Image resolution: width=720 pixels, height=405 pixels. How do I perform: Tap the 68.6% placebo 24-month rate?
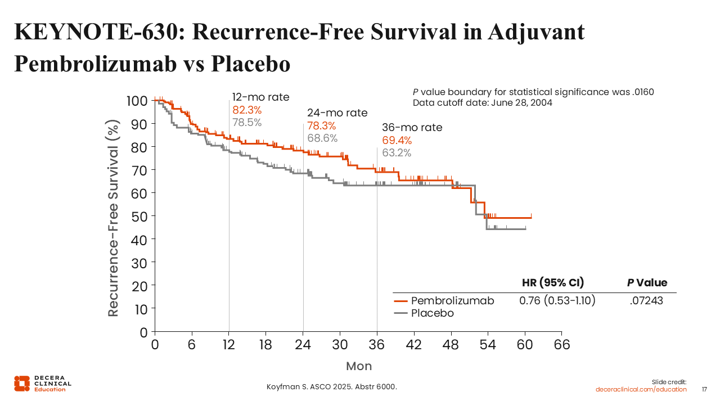pos(322,138)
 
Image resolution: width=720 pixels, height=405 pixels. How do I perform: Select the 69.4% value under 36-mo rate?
pos(397,140)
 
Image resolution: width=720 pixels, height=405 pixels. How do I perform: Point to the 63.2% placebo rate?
pos(397,152)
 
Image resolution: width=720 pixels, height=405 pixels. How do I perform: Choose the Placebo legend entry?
pos(432,313)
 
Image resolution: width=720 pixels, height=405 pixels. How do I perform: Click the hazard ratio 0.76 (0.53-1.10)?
pos(557,300)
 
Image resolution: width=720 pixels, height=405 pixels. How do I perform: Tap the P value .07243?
pos(646,300)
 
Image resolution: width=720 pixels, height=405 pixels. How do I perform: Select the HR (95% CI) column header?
pos(553,283)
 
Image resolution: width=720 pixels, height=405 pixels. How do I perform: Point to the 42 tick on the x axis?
pos(414,345)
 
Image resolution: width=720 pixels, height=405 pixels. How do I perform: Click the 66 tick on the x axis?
pos(562,345)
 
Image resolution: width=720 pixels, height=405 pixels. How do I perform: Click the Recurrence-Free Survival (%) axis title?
pos(114,218)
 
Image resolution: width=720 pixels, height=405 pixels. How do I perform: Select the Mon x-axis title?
pos(359,366)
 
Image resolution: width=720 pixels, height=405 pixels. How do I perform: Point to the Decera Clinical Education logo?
pos(42,383)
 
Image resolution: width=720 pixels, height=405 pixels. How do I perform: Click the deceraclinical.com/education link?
pos(641,389)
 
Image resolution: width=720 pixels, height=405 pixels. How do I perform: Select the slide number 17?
pos(705,389)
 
